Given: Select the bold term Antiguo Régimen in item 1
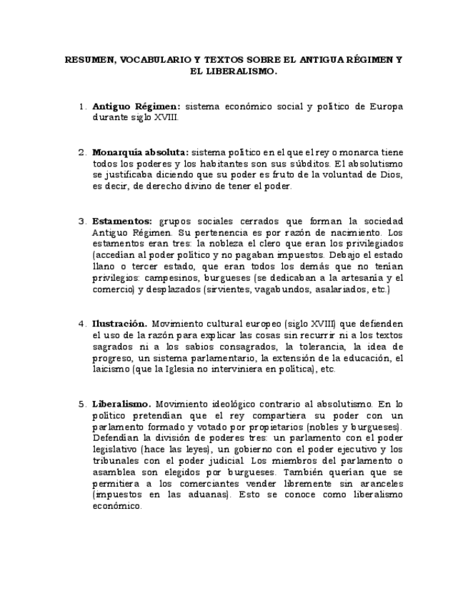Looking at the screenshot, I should (x=136, y=106).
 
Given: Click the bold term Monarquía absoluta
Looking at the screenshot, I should (x=140, y=152).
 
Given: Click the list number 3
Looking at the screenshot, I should (x=81, y=221).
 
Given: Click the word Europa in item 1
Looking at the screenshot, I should (x=386, y=106).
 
